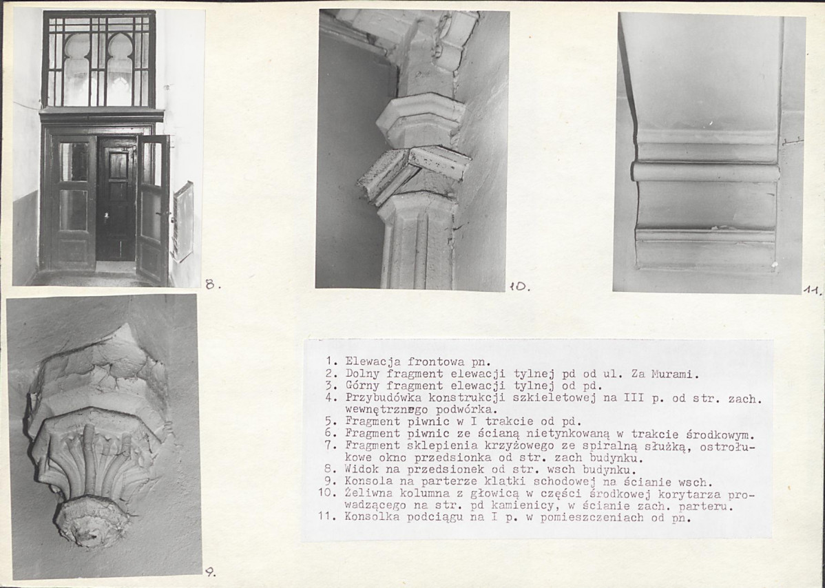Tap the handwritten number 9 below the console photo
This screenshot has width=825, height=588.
point(210,572)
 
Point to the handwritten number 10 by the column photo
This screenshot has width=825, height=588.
point(519,286)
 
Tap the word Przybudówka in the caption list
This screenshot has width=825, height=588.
point(382,398)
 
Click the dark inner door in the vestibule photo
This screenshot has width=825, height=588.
point(116,200)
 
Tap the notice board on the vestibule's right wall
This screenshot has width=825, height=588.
point(182,221)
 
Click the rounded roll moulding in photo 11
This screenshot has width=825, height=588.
point(705,171)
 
